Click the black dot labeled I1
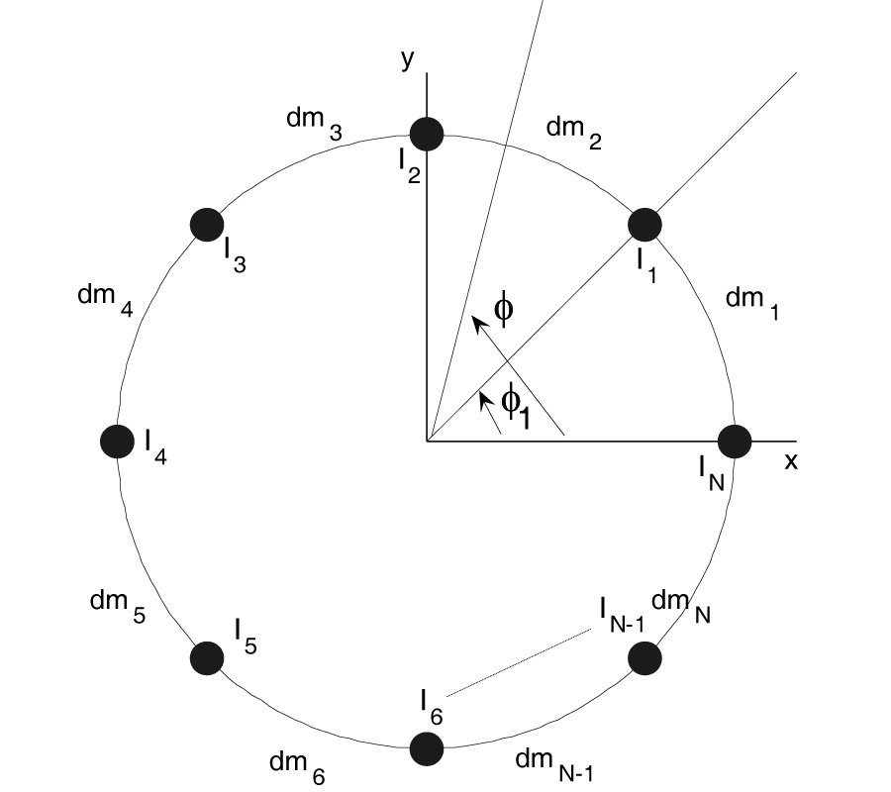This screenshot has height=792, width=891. tap(644, 224)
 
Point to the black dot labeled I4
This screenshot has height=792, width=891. tap(117, 441)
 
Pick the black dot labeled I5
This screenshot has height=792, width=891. tap(206, 657)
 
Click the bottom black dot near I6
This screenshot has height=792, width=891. tap(427, 748)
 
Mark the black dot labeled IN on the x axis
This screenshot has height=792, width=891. tap(735, 441)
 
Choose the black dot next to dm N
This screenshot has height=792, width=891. tap(644, 657)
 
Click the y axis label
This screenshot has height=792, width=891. tap(405, 59)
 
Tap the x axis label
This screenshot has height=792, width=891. tap(791, 461)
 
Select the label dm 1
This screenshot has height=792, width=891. tap(752, 302)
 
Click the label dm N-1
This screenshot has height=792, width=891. tap(553, 763)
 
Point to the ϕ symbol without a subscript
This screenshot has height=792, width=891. tap(503, 308)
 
